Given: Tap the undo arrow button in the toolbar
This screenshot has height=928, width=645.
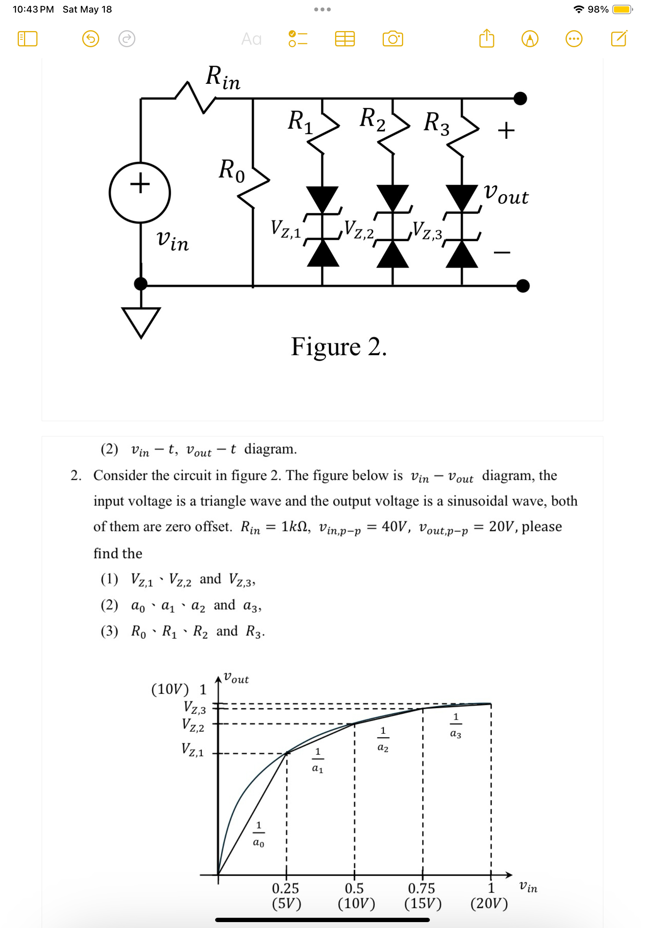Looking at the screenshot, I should [90, 39].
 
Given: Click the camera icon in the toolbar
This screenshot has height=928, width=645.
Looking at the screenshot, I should [393, 39].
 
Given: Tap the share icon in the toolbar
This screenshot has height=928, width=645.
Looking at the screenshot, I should [487, 39].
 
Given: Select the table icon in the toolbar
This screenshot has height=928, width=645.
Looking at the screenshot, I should [345, 39].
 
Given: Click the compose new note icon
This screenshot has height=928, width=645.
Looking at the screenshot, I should [619, 39].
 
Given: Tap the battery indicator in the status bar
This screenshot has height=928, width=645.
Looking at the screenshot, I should [622, 9].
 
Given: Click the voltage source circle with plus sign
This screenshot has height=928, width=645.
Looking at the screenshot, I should [140, 193].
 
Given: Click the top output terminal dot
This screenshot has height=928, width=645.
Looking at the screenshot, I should [520, 98].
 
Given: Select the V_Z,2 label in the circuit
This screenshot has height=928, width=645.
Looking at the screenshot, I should [359, 230].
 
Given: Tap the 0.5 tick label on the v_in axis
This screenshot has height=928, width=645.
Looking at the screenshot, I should [354, 888].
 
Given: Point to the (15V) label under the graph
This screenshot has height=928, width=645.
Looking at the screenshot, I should [423, 903].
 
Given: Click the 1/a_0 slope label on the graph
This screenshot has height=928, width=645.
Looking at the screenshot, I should [259, 834].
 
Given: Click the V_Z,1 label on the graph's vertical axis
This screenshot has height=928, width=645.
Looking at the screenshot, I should [192, 749].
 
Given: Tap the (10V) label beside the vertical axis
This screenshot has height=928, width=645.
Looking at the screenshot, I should [170, 689].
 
